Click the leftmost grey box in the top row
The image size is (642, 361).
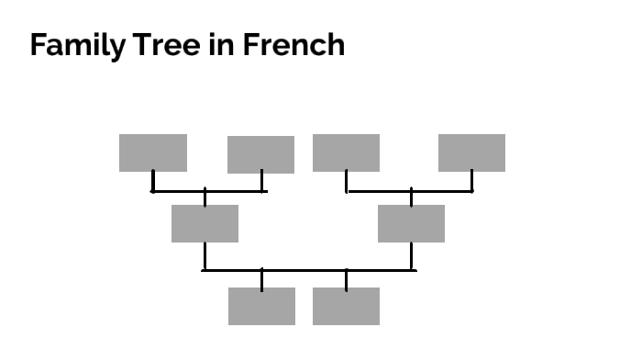point(153,152)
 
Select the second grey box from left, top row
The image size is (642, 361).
point(260,154)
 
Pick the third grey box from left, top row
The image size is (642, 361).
point(346,152)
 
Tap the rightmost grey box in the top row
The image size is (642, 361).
point(471,152)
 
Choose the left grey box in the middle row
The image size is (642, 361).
point(205,223)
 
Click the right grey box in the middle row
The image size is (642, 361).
point(411,223)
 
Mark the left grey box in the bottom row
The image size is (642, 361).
point(261,306)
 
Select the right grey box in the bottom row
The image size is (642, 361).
point(346,306)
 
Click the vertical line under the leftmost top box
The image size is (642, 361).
point(153,181)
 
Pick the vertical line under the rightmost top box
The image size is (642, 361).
point(471,181)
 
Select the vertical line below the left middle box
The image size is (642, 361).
point(205,255)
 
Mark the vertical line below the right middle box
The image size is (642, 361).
point(411,255)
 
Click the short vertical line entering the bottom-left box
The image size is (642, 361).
point(261,279)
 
